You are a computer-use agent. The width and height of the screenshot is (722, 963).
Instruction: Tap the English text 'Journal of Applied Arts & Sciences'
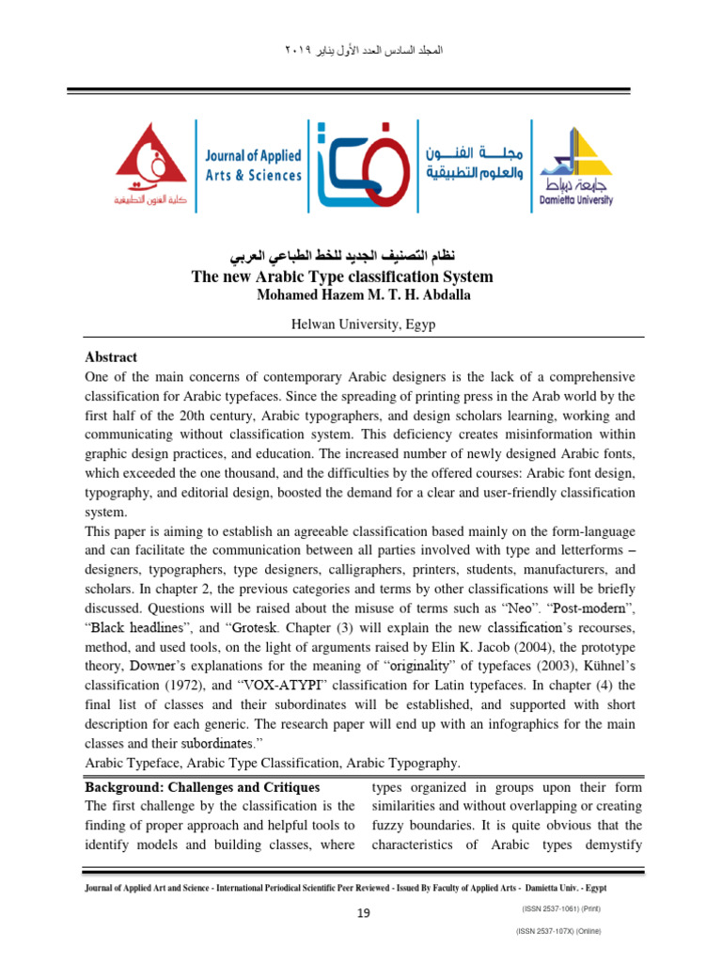coord(253,164)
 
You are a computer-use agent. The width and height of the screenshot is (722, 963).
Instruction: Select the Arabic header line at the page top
coord(361,47)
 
